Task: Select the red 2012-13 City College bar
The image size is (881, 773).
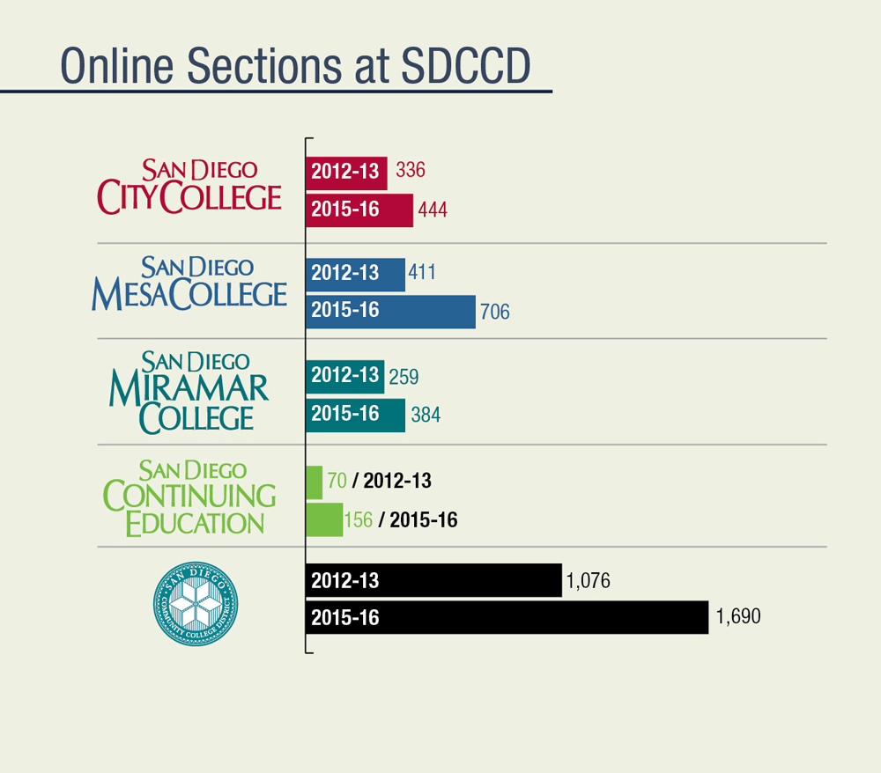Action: (x=346, y=172)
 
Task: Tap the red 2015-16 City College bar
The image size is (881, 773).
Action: (x=359, y=210)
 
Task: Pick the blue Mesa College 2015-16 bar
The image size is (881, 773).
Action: (x=390, y=311)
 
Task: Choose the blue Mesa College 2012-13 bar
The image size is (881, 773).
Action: (x=355, y=274)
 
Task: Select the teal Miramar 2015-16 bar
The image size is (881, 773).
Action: (x=355, y=415)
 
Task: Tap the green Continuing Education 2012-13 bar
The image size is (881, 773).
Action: (x=314, y=482)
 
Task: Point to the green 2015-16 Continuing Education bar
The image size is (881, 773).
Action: (x=323, y=519)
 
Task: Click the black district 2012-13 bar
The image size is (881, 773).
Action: (x=433, y=581)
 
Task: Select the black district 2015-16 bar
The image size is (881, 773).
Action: (x=507, y=618)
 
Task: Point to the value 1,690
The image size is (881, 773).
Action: (x=738, y=617)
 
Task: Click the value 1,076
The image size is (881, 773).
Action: (x=589, y=581)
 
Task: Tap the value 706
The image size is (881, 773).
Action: (x=495, y=312)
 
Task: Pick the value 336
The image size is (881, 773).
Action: (x=411, y=170)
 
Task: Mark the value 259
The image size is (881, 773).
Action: (x=403, y=377)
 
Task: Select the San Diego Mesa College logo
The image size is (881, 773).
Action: (x=189, y=283)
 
